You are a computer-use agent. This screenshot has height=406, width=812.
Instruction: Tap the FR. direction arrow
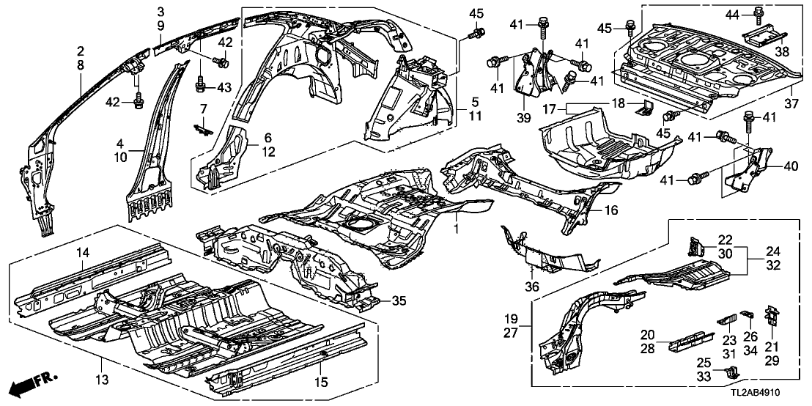pos(37,383)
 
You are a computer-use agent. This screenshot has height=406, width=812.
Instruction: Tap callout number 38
pos(783,52)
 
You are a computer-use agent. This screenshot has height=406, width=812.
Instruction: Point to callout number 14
pos(82,254)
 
